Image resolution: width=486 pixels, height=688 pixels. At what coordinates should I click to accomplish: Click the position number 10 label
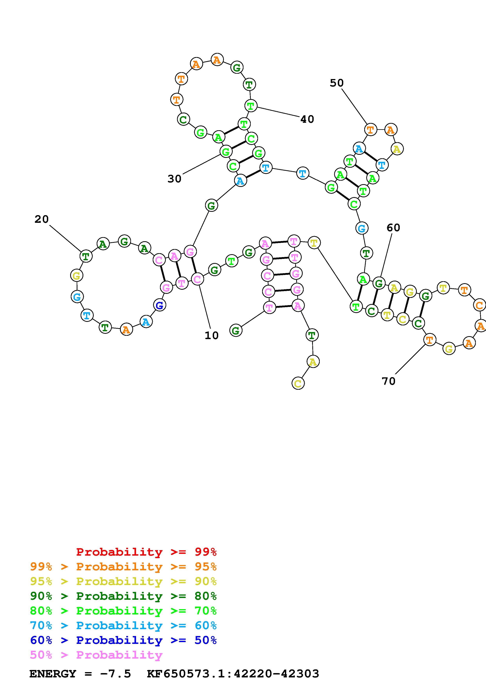pos(211,335)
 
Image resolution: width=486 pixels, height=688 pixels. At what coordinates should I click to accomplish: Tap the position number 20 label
pos(41,219)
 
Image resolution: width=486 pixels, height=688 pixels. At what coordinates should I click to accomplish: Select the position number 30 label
pos(174,179)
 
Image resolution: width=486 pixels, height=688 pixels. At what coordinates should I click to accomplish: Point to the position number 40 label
pos(307,119)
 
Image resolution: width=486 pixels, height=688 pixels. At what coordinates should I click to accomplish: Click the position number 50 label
pos(337,83)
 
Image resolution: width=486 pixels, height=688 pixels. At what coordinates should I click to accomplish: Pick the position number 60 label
pos(393,228)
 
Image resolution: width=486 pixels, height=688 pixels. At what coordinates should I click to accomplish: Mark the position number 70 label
pos(388,381)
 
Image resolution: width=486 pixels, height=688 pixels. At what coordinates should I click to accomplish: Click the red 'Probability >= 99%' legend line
pos(146,552)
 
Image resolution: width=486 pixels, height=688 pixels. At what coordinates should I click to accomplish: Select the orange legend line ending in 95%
pos(123,567)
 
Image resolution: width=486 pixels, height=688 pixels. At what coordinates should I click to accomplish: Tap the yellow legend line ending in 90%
pos(123,581)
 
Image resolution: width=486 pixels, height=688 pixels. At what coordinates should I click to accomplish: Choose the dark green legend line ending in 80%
pos(123,596)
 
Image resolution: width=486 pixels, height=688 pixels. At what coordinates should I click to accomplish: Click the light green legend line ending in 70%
pos(123,611)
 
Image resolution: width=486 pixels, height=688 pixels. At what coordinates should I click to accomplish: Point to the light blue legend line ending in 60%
pos(123,625)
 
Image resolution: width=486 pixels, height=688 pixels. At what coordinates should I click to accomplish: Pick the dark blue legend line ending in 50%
pos(123,640)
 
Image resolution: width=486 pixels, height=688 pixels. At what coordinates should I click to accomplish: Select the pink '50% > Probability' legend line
pos(96,655)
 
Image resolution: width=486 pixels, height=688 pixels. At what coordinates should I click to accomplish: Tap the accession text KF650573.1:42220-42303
pos(233,674)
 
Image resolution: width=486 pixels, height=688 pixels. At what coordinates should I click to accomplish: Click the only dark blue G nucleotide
pos(160,306)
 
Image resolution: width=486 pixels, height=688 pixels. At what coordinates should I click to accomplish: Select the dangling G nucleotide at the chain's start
pos(236,330)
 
